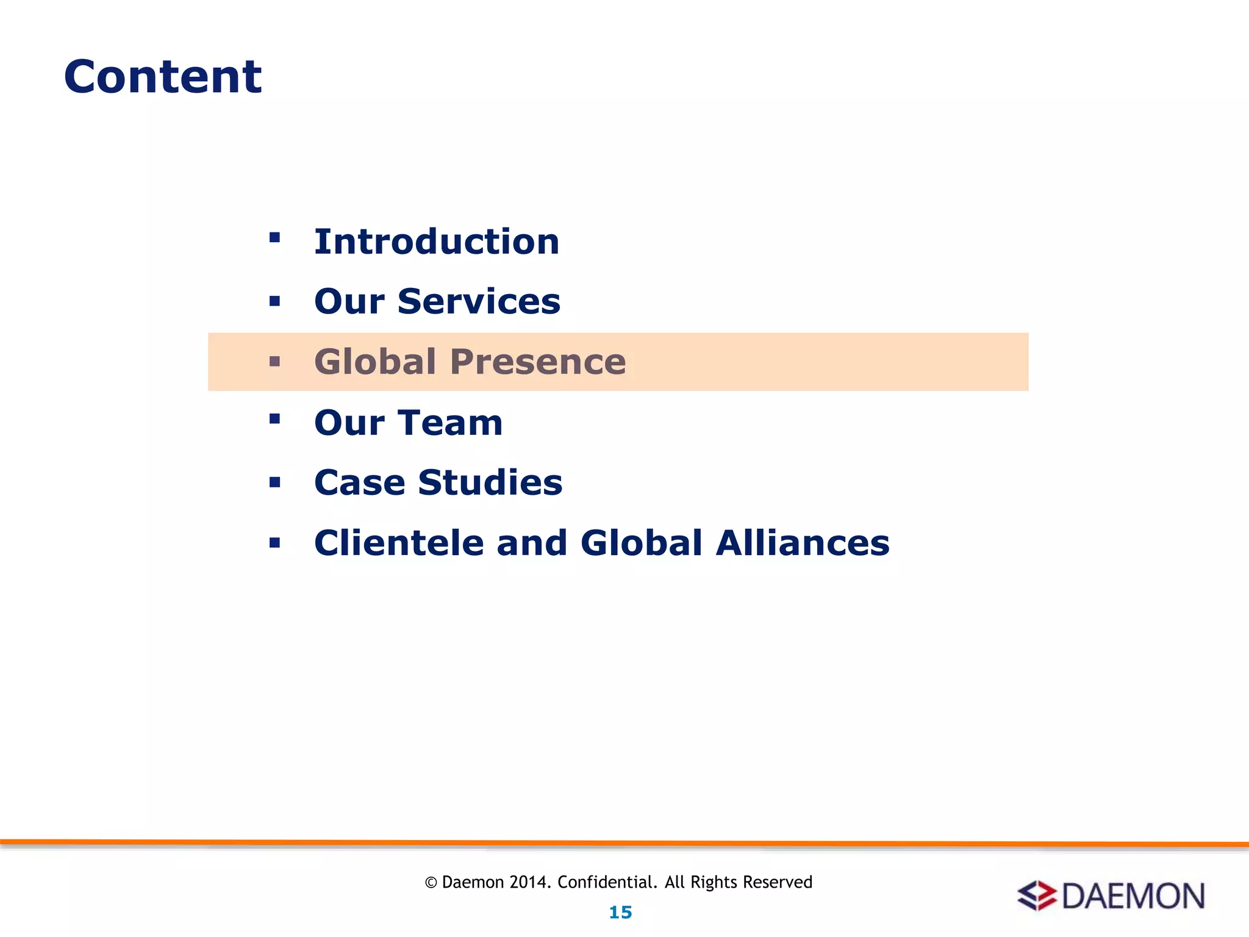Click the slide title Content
tap(163, 77)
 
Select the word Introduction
tap(437, 242)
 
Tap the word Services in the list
tap(479, 301)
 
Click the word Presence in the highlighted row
tap(538, 362)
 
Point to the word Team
tap(451, 422)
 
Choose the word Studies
tap(490, 483)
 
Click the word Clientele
tap(399, 543)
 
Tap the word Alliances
tap(803, 543)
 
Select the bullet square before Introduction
tap(274, 237)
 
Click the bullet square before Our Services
tap(274, 301)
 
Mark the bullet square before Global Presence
tap(274, 362)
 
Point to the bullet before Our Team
tap(274, 418)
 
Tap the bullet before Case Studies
tap(274, 483)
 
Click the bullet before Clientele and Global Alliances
tap(274, 543)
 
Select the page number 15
tap(620, 913)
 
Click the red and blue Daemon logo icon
tap(1037, 896)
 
